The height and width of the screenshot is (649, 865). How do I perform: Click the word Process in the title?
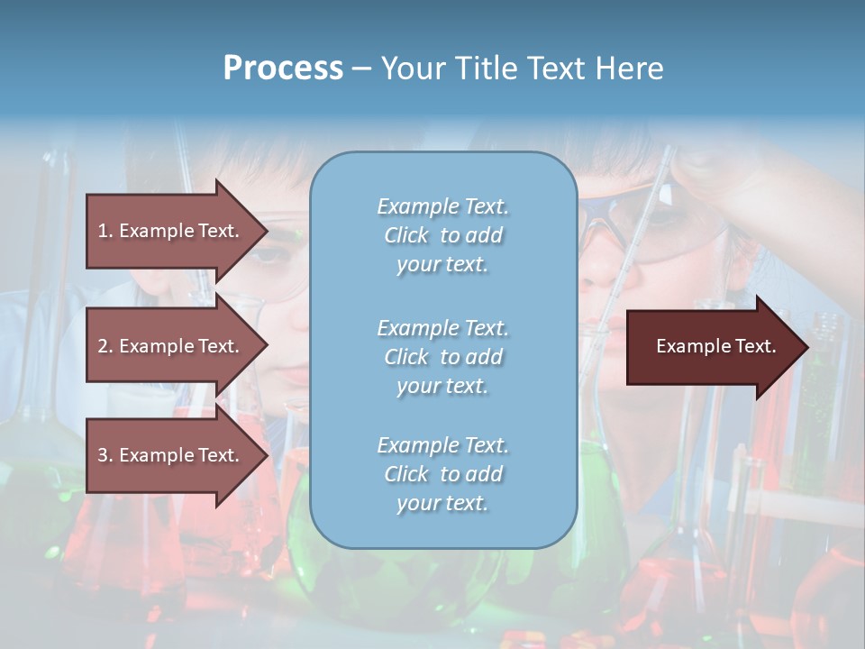click(283, 69)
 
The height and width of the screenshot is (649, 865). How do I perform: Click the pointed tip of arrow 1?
click(265, 232)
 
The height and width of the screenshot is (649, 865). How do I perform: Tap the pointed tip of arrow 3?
click(265, 456)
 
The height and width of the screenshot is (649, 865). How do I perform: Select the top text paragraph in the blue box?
click(442, 235)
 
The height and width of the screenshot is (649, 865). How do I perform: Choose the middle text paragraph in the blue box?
click(442, 357)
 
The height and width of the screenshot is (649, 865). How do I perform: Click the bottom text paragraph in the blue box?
click(442, 474)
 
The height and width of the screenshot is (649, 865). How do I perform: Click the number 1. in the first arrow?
click(105, 231)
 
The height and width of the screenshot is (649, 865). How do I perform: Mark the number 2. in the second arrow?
click(105, 346)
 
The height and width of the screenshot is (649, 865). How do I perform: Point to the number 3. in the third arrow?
click(105, 455)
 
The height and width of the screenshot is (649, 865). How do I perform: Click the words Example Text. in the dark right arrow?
click(715, 346)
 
